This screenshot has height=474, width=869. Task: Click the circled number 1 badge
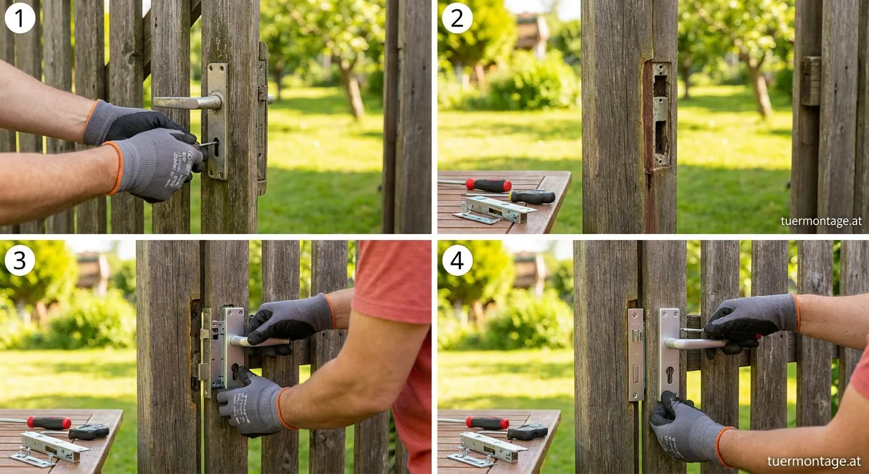tap(20, 19)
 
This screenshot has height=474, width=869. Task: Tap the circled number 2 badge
tap(457, 19)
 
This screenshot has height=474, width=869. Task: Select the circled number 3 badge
tap(20, 260)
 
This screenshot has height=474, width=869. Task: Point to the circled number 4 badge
tap(457, 260)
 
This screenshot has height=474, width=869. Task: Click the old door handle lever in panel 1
tap(187, 103)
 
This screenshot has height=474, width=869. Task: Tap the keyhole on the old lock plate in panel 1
tap(216, 147)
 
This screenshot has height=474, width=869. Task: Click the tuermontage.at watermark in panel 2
tap(821, 221)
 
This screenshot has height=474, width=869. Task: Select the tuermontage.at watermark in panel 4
tap(814, 461)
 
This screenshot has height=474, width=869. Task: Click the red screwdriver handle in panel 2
tap(489, 185)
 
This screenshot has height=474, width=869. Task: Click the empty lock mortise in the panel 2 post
tap(658, 115)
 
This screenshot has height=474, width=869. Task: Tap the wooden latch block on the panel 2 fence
tap(811, 81)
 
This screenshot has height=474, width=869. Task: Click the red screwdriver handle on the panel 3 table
tap(49, 422)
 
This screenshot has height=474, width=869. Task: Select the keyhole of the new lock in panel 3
tap(235, 371)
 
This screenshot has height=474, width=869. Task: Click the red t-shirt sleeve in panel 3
tap(393, 281)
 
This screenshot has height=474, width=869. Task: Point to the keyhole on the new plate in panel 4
tap(670, 375)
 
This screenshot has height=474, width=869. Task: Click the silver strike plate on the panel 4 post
tap(636, 354)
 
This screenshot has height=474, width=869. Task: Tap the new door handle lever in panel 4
tap(696, 343)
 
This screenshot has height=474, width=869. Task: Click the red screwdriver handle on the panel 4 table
tap(487, 423)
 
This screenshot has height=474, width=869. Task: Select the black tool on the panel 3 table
tap(89, 431)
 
